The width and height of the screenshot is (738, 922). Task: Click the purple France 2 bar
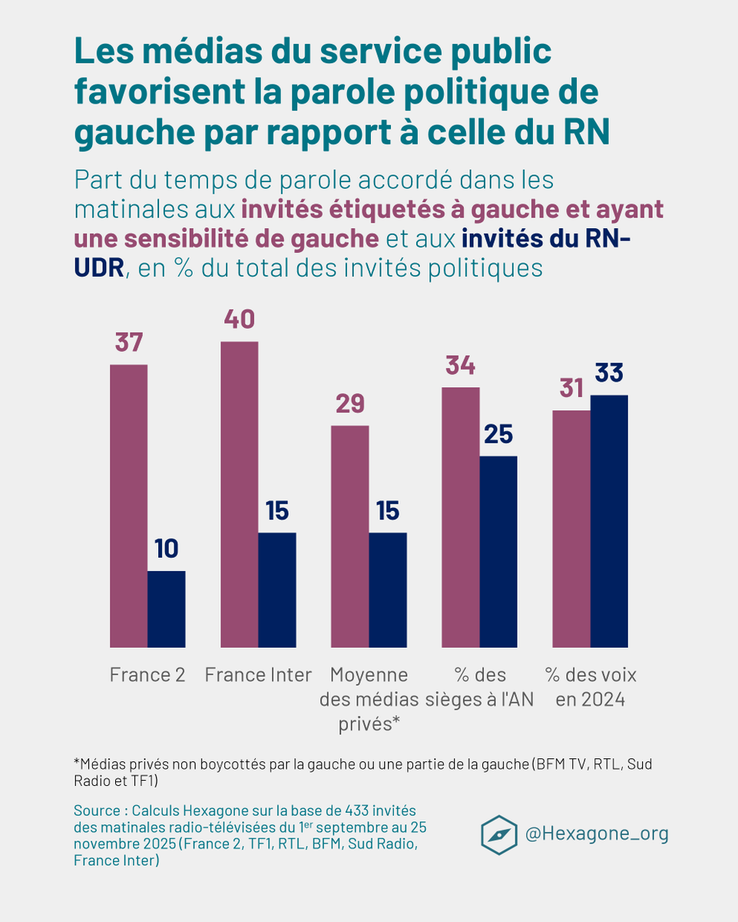coord(129,505)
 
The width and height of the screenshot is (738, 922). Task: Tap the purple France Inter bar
coord(240,493)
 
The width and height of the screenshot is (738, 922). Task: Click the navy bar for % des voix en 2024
coord(609,520)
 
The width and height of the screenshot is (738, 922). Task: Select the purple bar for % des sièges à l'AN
coord(460,516)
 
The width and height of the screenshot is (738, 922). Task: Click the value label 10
coord(166,549)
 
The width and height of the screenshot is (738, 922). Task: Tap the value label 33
coord(609,373)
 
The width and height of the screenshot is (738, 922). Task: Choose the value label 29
coord(349,403)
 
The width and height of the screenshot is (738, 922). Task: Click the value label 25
coord(498,434)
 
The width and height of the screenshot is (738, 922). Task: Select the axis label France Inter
coord(258,675)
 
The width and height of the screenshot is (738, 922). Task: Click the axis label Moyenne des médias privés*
coord(369,699)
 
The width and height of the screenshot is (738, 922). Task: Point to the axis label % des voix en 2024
coord(591,687)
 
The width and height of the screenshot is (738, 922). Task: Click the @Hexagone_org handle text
coord(597,834)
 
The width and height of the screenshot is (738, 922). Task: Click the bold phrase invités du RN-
coord(546,239)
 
